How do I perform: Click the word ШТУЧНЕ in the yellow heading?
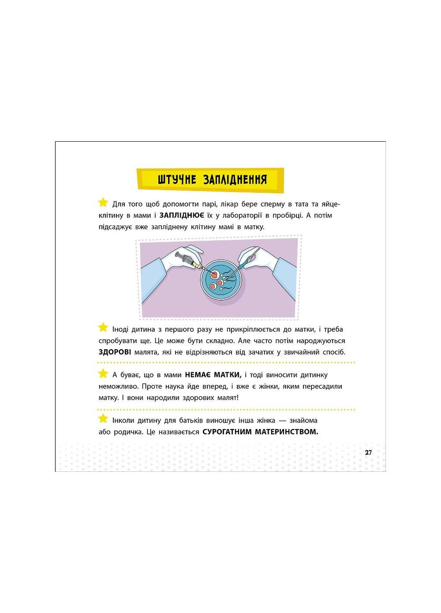click(x=177, y=180)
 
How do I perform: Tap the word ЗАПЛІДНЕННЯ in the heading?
click(x=235, y=180)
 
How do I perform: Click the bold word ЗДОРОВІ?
click(x=115, y=352)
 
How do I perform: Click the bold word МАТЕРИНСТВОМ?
click(x=287, y=432)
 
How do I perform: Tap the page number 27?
click(x=368, y=453)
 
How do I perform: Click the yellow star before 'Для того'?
click(x=103, y=203)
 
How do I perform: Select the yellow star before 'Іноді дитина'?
click(x=103, y=327)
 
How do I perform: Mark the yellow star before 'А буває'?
click(x=103, y=373)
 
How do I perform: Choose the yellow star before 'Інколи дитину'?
click(x=103, y=418)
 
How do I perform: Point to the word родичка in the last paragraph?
click(x=128, y=432)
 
